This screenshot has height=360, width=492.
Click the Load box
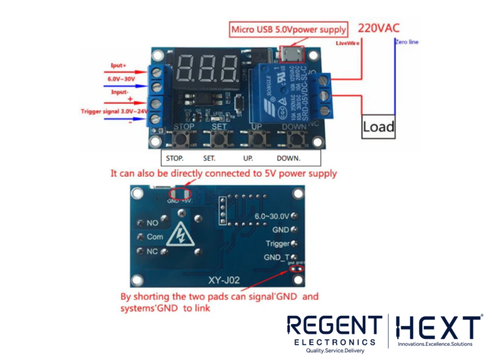378,127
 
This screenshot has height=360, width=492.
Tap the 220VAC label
381,28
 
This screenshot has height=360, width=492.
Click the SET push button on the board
220,139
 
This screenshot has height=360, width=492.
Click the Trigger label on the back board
278,243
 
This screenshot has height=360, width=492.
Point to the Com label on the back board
155,236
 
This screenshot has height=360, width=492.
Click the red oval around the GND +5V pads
179,192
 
